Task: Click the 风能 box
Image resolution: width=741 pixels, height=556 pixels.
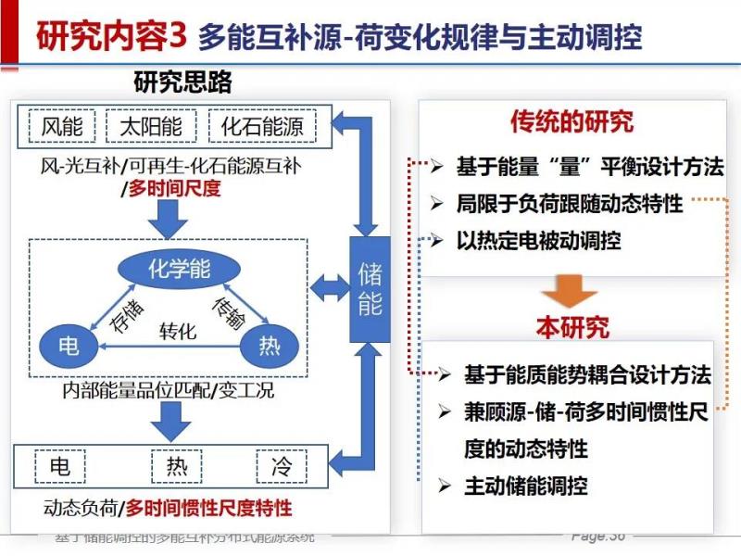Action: [62, 127]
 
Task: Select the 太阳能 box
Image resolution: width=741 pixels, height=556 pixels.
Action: [151, 127]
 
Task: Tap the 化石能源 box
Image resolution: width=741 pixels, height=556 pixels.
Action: [262, 127]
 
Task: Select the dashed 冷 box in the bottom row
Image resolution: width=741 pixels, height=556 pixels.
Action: [280, 464]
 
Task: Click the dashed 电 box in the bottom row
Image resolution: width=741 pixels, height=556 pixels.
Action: [60, 464]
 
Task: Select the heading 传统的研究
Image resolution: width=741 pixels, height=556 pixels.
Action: [571, 121]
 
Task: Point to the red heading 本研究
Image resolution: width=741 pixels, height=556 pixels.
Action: [572, 327]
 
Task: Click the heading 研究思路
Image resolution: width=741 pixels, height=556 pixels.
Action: [182, 82]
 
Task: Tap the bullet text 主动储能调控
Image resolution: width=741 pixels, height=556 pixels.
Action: [525, 485]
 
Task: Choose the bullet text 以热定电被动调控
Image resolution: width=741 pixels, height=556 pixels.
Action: [538, 240]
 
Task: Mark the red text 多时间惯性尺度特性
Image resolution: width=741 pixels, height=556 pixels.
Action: [208, 508]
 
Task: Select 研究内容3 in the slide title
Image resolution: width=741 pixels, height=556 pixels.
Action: [112, 36]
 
